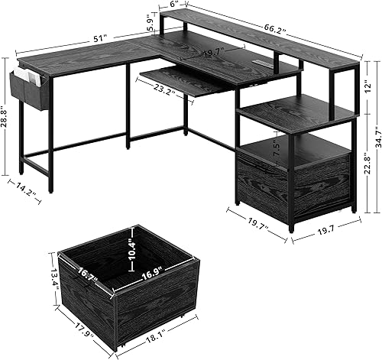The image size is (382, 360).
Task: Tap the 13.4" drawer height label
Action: point(52,275)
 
